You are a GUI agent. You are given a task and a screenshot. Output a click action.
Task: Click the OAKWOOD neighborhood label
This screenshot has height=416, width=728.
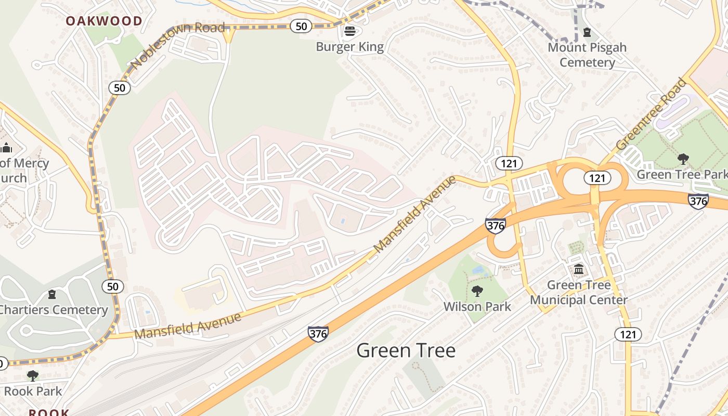(104, 21)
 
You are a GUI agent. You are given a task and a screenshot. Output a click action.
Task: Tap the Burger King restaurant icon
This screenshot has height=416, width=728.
(350, 31)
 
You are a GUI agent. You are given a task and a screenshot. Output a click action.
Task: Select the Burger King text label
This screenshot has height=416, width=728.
(350, 47)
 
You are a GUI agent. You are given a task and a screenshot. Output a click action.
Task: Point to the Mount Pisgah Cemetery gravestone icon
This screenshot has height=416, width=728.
(587, 32)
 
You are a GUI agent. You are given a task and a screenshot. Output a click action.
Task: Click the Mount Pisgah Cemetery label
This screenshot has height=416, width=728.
(587, 55)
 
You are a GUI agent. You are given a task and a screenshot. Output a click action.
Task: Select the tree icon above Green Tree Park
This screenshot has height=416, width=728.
(683, 159)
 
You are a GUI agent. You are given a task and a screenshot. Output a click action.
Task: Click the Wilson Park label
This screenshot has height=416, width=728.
(477, 307)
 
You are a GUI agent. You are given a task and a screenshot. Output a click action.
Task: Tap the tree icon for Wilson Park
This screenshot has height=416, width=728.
(477, 291)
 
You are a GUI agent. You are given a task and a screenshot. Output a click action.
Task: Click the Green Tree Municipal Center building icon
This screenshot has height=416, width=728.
(579, 269)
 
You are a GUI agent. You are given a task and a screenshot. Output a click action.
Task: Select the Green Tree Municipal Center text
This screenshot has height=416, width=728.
(579, 293)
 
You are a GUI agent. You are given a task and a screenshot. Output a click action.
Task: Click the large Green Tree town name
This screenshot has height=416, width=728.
(406, 351)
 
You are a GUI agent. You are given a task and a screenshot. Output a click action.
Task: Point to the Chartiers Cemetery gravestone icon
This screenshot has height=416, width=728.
(52, 295)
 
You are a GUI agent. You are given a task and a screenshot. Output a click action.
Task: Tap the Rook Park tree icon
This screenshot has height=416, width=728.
(32, 375)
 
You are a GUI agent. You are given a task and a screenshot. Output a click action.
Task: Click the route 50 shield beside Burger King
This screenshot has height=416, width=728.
(301, 26)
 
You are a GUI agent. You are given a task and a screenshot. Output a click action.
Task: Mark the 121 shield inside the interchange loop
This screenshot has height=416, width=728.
(597, 178)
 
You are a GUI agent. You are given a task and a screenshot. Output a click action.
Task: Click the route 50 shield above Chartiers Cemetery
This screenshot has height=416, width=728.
(113, 286)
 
